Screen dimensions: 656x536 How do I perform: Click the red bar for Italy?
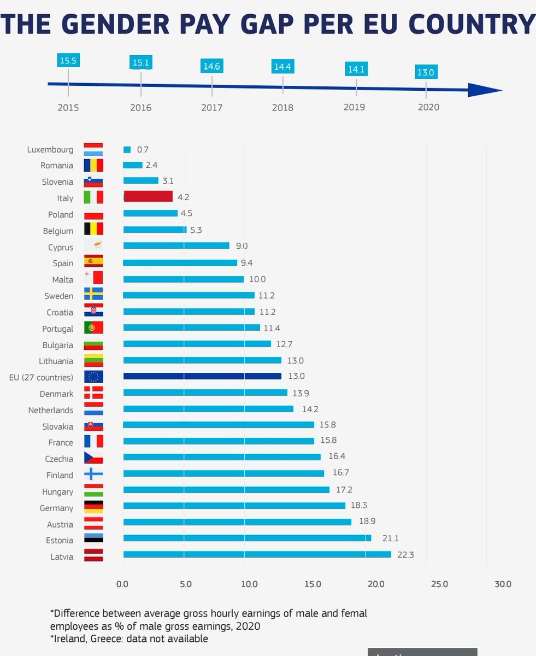148,196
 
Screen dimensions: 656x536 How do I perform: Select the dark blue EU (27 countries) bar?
202,376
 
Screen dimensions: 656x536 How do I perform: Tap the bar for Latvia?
257,554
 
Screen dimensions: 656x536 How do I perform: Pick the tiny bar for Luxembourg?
127,149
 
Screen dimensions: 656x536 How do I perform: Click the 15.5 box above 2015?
68,61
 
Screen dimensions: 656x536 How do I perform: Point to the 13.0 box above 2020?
426,72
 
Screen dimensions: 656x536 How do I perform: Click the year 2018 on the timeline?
282,108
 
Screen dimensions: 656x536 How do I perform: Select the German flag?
93,507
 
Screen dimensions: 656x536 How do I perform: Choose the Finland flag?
93,474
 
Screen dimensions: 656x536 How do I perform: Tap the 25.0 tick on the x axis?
439,584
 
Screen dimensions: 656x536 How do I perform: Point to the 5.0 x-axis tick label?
186,584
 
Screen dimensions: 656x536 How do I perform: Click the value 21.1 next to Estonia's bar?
391,538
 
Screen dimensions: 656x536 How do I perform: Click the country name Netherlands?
51,410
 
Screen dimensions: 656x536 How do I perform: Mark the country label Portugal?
57,329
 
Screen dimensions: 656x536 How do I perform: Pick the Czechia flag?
93,458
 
